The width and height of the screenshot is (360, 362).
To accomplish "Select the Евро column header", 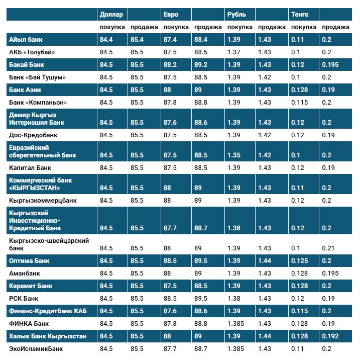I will click(x=171, y=14).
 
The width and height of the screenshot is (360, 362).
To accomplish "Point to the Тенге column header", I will click(x=300, y=14).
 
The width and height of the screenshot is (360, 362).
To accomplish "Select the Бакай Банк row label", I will click(x=28, y=64).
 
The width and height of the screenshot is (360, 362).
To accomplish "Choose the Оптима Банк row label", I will click(x=29, y=261).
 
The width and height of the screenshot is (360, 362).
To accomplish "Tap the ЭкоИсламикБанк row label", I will click(x=36, y=348).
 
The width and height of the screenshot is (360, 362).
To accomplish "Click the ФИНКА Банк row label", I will click(x=29, y=323).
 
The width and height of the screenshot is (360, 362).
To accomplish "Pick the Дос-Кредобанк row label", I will click(x=33, y=135).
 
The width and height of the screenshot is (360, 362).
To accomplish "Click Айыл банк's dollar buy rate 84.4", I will click(x=106, y=39).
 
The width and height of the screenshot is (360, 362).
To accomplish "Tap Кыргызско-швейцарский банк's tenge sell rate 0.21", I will click(x=327, y=248).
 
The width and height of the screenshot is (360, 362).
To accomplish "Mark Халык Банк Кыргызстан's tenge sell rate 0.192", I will click(x=329, y=336).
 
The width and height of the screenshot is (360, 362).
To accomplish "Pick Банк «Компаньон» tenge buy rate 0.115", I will click(x=299, y=102).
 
